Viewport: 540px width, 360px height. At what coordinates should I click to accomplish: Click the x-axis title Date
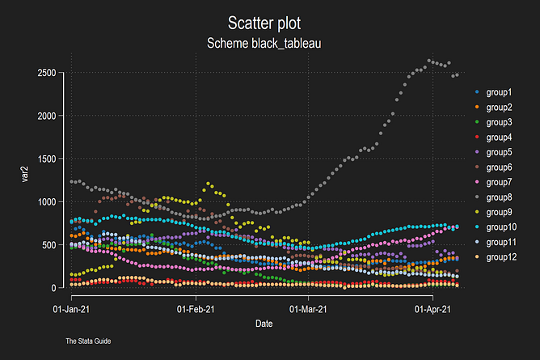coord(264,323)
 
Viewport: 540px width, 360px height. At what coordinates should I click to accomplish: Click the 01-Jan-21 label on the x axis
coord(72,308)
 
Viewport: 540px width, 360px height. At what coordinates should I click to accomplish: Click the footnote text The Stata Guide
coord(88,341)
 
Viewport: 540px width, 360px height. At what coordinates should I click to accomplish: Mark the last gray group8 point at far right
coord(458,74)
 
